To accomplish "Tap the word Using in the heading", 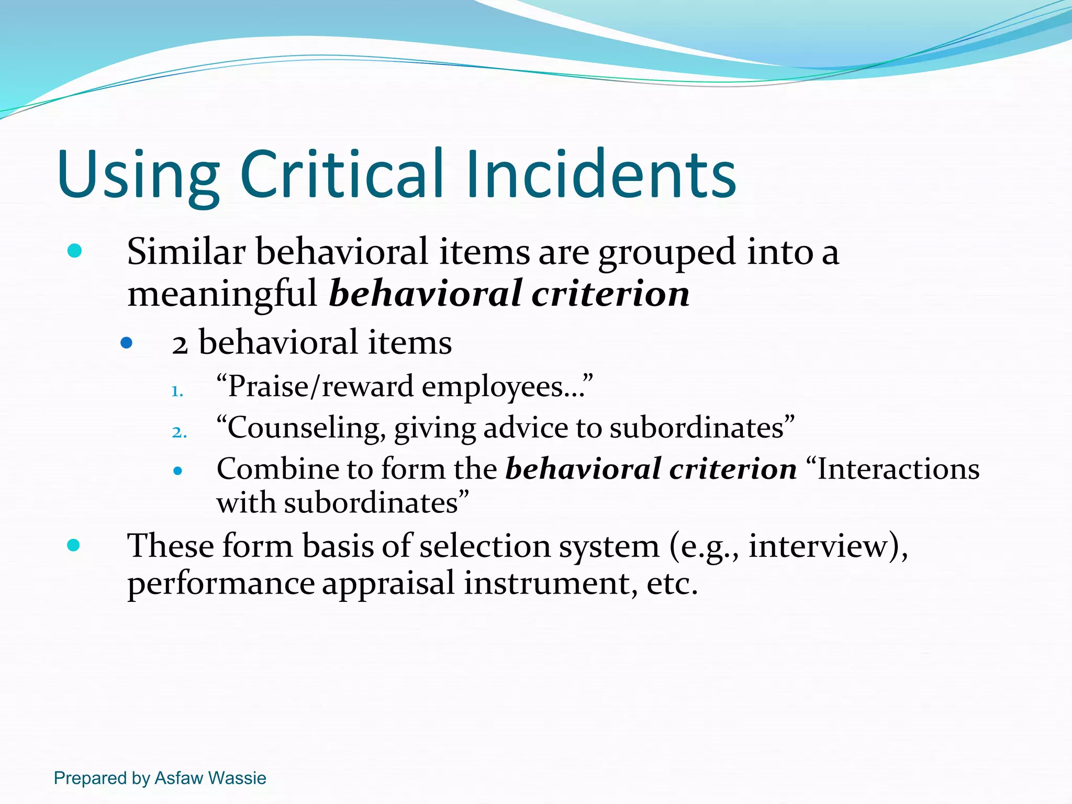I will pos(138,175).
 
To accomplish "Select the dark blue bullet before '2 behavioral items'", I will pos(126,343).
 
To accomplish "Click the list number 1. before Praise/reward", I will pos(177,392).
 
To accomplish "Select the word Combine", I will pos(275,468).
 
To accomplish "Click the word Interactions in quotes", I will pos(898,468).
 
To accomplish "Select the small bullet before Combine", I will pos(177,471).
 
